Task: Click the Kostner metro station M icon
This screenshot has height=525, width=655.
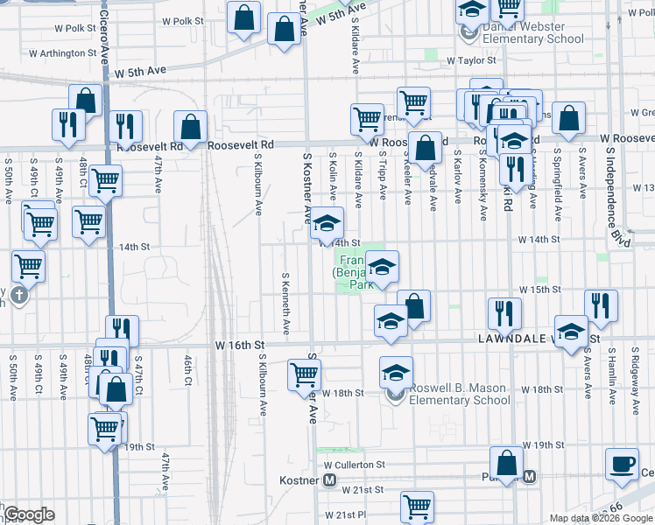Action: coord(330,480)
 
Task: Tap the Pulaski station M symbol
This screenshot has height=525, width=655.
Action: coord(529,476)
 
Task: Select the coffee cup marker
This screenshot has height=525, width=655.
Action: coord(623,464)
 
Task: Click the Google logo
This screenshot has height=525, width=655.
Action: coord(29,514)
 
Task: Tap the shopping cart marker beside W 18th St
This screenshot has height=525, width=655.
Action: coord(304,374)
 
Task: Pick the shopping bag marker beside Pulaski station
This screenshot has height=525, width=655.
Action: coord(506,461)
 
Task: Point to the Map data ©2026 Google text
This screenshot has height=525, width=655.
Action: coord(601,518)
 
